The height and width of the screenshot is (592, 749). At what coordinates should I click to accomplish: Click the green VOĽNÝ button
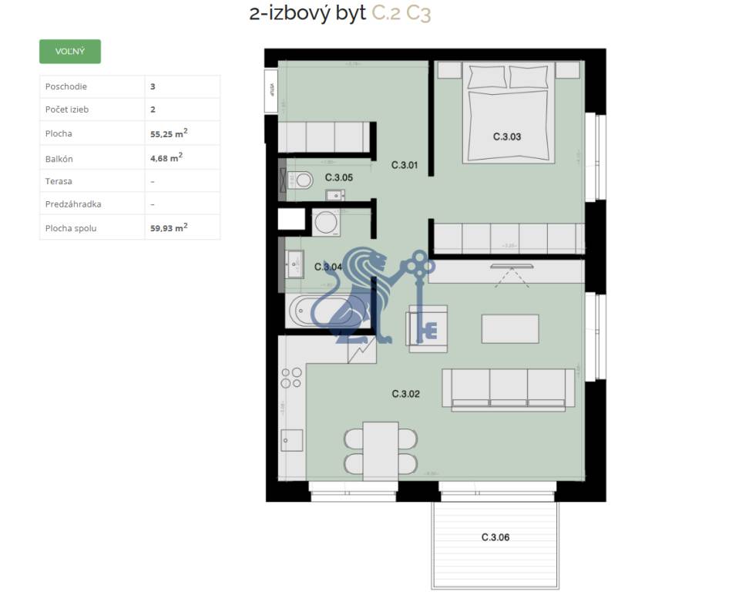(x=69, y=52)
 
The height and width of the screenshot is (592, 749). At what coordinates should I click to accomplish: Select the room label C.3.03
(x=507, y=137)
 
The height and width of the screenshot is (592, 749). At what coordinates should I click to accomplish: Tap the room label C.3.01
(x=404, y=164)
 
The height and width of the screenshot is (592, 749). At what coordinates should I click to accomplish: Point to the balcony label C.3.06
(x=495, y=537)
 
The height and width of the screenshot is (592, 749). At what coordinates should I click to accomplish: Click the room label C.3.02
(x=405, y=394)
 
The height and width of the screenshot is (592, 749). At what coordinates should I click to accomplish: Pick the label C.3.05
(x=339, y=177)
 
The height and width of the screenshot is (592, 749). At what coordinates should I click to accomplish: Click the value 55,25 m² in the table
(x=169, y=133)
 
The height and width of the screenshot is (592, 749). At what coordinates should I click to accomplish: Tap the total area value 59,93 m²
(x=169, y=227)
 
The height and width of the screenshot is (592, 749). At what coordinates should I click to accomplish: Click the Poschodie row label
(x=66, y=87)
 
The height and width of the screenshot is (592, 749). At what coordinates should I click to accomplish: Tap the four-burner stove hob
(x=291, y=378)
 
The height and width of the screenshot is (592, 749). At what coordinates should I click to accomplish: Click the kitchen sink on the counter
(x=291, y=440)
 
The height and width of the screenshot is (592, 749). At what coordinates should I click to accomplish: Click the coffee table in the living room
(x=509, y=328)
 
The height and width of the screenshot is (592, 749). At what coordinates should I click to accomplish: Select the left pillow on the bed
(x=485, y=77)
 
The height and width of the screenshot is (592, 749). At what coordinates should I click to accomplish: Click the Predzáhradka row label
(x=73, y=204)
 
